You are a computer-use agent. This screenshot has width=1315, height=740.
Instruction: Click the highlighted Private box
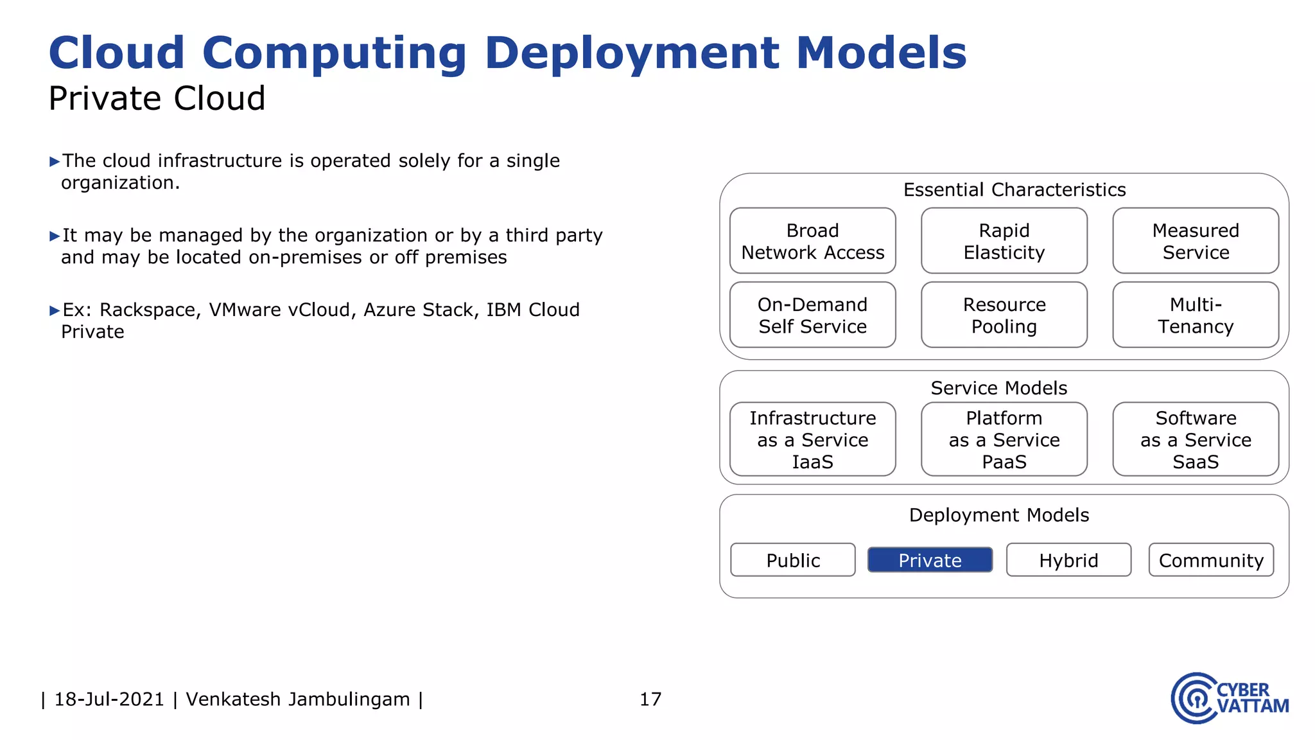click(930, 559)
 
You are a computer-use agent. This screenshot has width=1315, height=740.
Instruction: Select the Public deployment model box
click(793, 559)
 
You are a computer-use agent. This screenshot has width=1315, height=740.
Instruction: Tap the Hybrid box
click(1068, 559)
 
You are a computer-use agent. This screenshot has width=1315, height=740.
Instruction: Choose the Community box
click(1211, 559)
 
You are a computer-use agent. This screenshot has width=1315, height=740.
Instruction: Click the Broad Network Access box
click(812, 241)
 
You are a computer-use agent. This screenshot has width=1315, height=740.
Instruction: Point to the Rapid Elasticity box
click(1004, 241)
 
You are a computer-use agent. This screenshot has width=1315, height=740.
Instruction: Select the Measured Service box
click(1196, 241)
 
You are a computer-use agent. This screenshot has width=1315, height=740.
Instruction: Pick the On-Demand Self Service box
click(812, 315)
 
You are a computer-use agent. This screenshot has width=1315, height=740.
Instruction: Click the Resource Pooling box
click(1004, 315)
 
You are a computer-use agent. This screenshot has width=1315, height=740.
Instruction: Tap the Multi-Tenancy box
click(1196, 315)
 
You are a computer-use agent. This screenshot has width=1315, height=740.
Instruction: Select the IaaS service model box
click(812, 439)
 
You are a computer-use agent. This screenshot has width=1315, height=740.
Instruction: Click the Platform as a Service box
click(1004, 439)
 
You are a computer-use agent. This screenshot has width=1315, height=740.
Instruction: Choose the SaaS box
click(1196, 439)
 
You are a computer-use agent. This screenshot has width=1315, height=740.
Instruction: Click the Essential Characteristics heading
click(1015, 189)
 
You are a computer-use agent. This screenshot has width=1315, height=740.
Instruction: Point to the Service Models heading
click(999, 388)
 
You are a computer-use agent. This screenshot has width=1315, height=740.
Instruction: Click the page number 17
click(650, 699)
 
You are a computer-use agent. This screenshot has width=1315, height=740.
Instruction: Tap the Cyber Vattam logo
click(1229, 698)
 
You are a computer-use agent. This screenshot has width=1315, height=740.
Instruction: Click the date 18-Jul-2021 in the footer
click(109, 699)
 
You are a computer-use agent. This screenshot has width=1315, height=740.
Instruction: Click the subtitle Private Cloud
click(157, 98)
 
